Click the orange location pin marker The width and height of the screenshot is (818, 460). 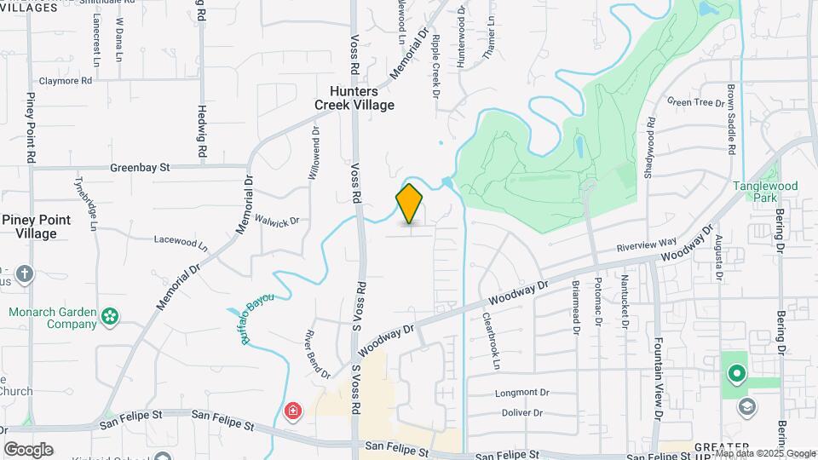click(x=410, y=204)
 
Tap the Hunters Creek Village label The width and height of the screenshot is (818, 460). click(x=354, y=97)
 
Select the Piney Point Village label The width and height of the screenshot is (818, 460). click(x=36, y=227)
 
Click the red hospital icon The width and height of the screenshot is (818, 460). click(x=292, y=411)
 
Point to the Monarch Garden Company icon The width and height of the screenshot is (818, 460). click(x=110, y=317)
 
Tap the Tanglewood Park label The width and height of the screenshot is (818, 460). click(x=765, y=192)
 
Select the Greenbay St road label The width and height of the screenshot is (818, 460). click(x=141, y=168)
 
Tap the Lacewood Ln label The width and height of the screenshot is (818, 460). click(x=180, y=241)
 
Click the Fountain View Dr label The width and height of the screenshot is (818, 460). click(x=658, y=375)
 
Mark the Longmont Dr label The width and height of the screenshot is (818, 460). click(x=522, y=393)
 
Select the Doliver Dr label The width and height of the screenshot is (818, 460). click(x=521, y=413)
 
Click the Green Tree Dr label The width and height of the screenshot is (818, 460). click(x=695, y=102)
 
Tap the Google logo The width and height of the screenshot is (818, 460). click(x=28, y=449)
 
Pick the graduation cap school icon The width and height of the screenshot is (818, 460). click(x=747, y=405)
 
